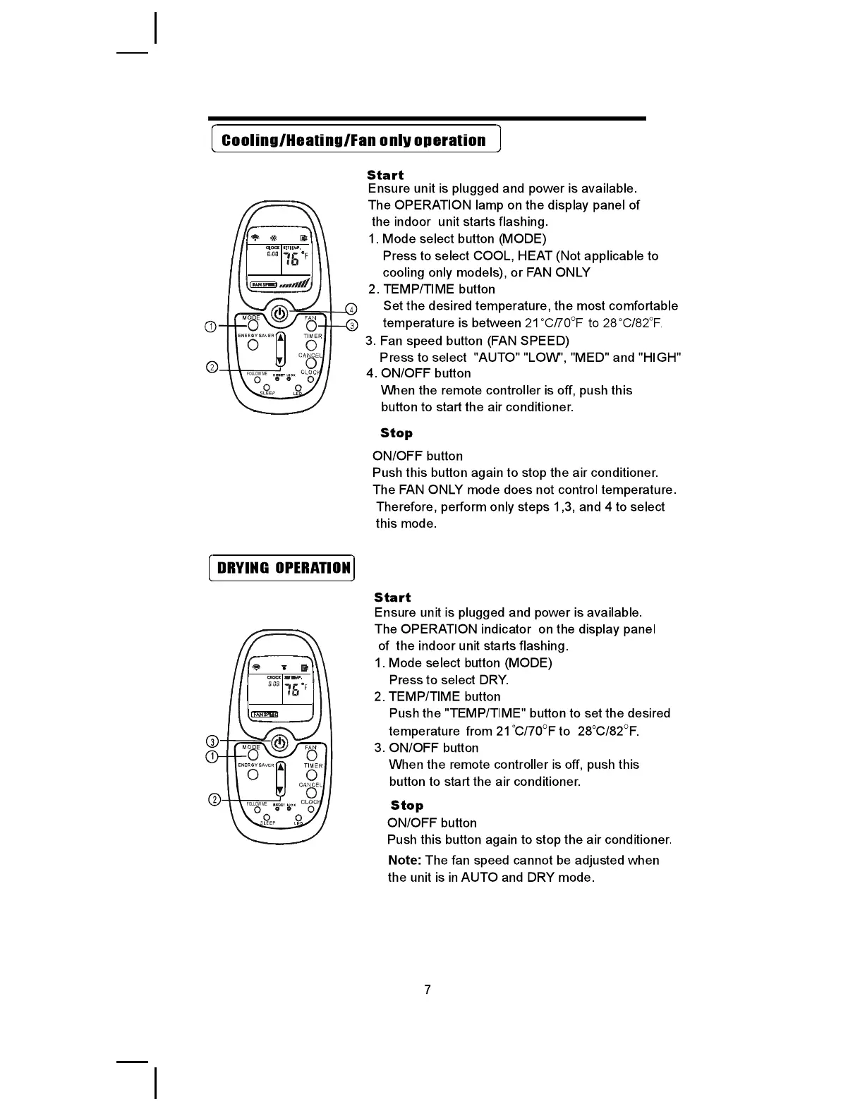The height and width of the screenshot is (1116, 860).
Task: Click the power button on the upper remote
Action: point(280,313)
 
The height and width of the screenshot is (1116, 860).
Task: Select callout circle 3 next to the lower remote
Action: point(210,741)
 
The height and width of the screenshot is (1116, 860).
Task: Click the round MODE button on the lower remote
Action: point(253,756)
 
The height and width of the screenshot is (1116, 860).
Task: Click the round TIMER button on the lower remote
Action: point(312,775)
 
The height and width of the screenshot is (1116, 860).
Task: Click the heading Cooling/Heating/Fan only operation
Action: point(354,140)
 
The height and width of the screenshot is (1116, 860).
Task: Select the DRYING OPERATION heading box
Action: point(282,568)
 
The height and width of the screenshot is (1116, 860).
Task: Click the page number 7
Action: point(428,989)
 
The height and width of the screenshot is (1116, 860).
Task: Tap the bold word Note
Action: point(404,861)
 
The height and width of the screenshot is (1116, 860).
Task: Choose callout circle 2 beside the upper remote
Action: point(210,367)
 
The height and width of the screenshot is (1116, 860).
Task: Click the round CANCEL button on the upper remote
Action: point(311,364)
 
